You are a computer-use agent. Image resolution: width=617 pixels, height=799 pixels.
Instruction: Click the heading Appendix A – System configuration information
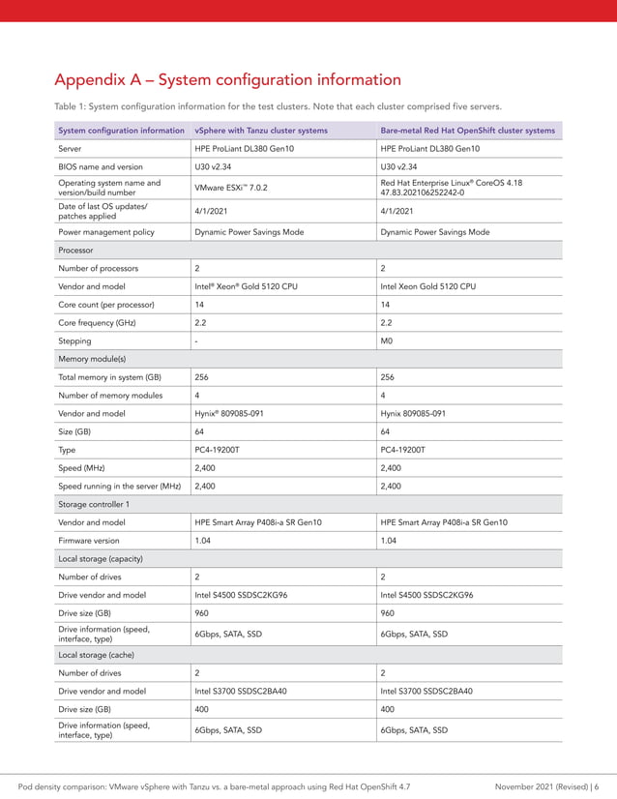coord(227,79)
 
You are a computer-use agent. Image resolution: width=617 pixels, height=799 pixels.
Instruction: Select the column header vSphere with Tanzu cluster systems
coord(261,131)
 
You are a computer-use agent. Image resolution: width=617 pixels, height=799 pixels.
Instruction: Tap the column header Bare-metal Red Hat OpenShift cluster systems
coord(468,131)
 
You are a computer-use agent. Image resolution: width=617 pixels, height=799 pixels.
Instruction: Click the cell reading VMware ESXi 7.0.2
coord(231,187)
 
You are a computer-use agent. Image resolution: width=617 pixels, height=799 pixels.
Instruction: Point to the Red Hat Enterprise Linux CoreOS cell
coord(452,187)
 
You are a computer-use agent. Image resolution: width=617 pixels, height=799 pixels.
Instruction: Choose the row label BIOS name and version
coord(101,166)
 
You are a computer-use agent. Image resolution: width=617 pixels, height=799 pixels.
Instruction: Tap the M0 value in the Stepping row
coord(387,340)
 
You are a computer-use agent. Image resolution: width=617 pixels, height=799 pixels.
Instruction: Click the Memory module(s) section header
coord(92,359)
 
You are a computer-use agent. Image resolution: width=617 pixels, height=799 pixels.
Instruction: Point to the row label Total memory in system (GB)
coord(109,377)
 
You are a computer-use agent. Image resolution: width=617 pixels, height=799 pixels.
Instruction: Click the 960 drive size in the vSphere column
coord(201,613)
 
